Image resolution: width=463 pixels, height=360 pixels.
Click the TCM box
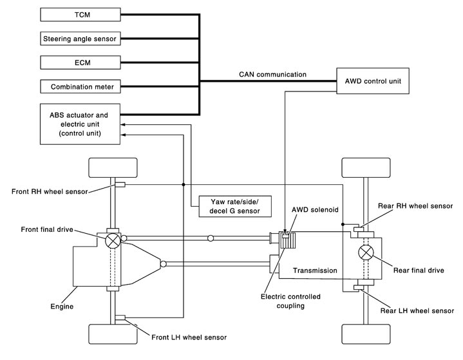pos(80,14)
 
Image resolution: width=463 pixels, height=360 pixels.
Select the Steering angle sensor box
pos(80,38)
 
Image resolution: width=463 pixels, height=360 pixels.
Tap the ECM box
pos(80,62)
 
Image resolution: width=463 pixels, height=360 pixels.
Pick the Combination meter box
pos(80,86)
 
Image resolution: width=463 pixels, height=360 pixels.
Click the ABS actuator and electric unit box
pos(80,124)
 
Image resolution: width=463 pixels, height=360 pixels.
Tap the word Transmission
pos(314,271)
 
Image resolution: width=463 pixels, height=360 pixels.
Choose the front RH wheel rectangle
pos(113,168)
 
